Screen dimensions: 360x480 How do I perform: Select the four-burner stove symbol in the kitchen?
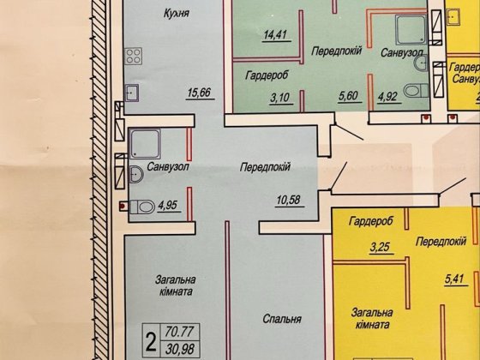[134, 57]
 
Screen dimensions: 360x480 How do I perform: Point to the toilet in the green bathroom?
[413, 90]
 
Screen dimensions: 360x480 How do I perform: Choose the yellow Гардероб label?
[370, 222]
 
